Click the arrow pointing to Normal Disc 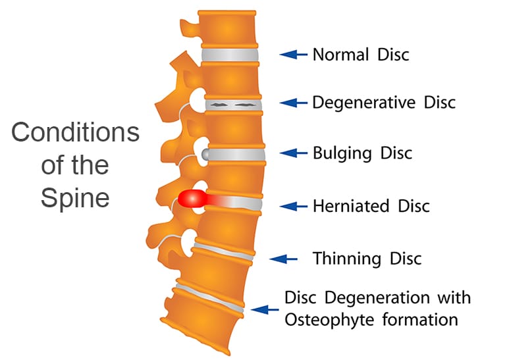(294, 55)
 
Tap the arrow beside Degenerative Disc (294, 103)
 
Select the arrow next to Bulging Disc (294, 153)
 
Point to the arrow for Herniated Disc (294, 206)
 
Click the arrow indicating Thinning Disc (284, 259)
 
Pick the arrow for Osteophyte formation (265, 309)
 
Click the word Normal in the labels (341, 55)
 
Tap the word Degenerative (363, 103)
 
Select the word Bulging (342, 153)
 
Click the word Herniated (351, 206)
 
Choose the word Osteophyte (329, 320)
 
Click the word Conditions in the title (75, 132)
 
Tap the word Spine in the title (75, 199)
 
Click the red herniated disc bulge (193, 199)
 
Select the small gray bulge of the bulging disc (205, 155)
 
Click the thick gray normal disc (230, 55)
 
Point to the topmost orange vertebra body (228, 30)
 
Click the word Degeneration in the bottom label (377, 298)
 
